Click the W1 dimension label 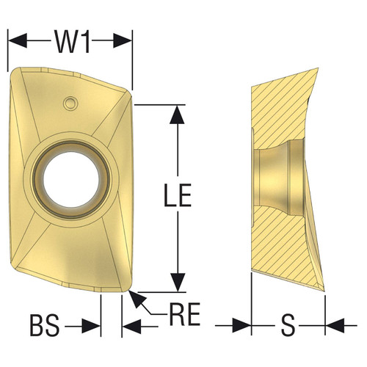71,43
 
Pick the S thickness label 288,324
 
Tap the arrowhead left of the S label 244,324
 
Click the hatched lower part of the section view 283,250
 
